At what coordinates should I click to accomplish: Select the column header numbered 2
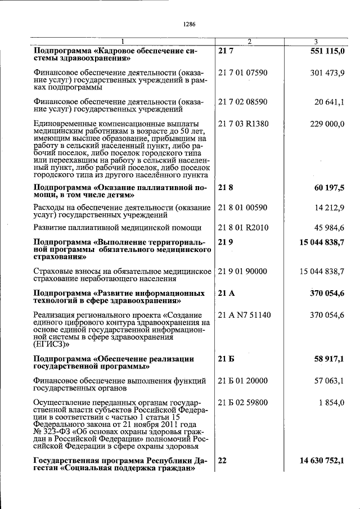coord(250,42)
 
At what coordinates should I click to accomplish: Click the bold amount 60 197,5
coord(329,187)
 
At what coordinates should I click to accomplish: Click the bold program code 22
coord(222,461)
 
